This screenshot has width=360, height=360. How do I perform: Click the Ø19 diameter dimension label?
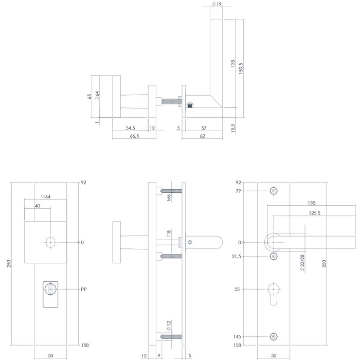pyautogui.click(x=216, y=4)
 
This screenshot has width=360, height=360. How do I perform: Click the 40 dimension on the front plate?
pyautogui.click(x=38, y=206)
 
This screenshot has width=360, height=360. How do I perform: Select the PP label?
pyautogui.click(x=83, y=290)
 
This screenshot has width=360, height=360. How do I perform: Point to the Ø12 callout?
pyautogui.click(x=168, y=325)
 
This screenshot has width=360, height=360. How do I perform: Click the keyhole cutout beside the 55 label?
pyautogui.click(x=274, y=294)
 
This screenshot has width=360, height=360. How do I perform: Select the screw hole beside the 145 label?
pyautogui.click(x=274, y=337)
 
